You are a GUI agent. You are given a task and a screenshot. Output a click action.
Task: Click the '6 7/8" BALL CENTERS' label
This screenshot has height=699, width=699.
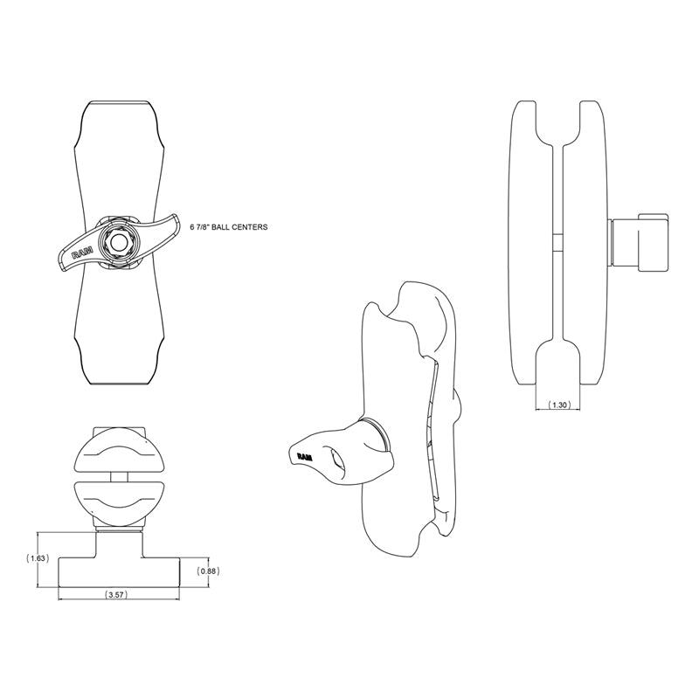point(227,225)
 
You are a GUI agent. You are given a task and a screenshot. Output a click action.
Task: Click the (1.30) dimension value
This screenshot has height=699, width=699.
point(559,405)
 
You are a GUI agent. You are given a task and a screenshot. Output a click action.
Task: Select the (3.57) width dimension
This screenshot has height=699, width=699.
point(115,594)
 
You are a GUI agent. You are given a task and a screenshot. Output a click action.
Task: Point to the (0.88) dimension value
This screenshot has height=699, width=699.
point(208,571)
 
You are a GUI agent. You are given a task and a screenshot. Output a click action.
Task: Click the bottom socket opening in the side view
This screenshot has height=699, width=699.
point(560,363)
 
